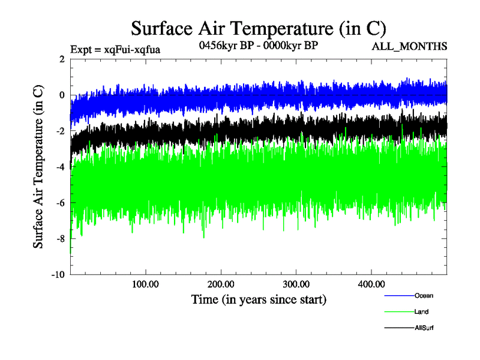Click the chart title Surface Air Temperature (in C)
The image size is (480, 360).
[258, 28]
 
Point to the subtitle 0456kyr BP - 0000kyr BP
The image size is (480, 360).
[257, 45]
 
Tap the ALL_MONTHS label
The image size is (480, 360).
[410, 47]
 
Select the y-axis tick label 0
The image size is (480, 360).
[61, 95]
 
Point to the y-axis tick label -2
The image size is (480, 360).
[59, 131]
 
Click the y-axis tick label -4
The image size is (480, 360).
[59, 167]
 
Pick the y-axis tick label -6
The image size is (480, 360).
[59, 203]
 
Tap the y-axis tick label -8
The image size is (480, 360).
[59, 239]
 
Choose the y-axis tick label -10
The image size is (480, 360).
[57, 275]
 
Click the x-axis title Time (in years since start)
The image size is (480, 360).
[259, 299]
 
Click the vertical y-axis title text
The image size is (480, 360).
[38, 167]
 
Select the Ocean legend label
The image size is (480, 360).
[423, 295]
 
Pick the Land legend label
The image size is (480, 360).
[421, 311]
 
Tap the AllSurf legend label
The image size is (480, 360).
[424, 328]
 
